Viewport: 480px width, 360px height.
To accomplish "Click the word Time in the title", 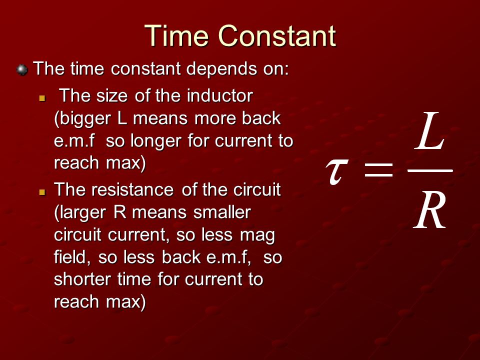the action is (176, 35).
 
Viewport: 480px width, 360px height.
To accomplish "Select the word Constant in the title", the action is (277, 35).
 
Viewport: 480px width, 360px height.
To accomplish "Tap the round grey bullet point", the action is (22, 70).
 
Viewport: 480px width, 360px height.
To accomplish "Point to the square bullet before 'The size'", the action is (42, 98).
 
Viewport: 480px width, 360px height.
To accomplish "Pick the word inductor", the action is (220, 95).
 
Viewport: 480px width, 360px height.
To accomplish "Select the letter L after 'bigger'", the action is (122, 118).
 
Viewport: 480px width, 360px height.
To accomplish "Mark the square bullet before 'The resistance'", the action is (42, 192).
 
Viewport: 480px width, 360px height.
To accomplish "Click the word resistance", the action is (133, 189).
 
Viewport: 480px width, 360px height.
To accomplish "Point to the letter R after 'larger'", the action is (120, 212).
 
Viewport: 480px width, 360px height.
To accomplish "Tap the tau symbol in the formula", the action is (336, 171).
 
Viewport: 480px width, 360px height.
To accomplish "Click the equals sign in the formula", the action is (379, 170).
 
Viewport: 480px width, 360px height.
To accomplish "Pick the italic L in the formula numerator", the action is (429, 131).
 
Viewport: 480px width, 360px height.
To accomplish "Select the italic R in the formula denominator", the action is (430, 209).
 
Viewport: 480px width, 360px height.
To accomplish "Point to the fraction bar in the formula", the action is (430, 170).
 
